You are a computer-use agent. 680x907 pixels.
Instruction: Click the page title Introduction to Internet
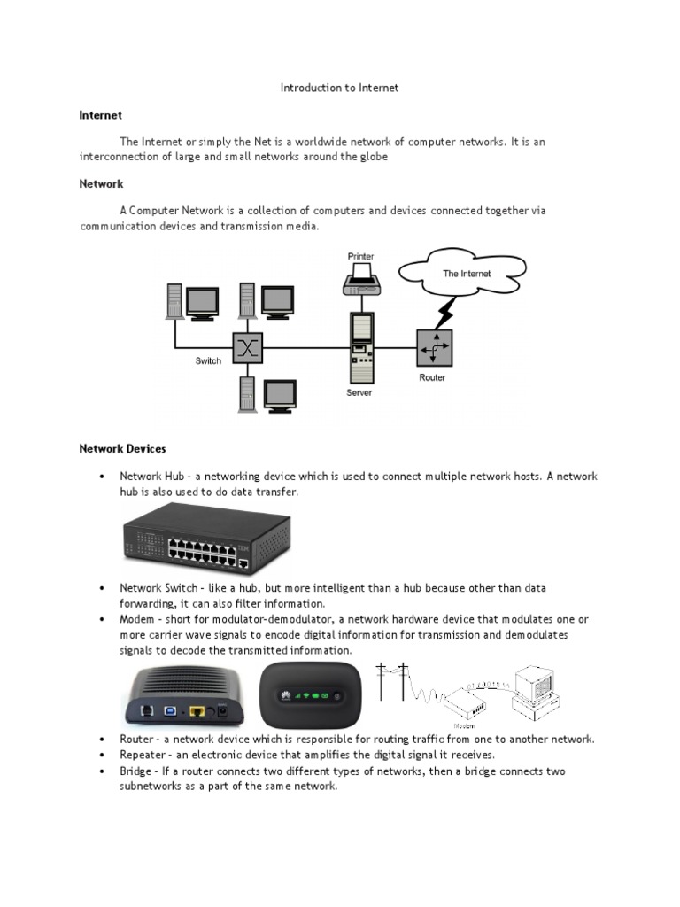[x=339, y=88]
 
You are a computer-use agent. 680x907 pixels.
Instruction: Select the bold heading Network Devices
[x=122, y=449]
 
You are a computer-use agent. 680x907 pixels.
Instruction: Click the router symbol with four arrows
[x=434, y=347]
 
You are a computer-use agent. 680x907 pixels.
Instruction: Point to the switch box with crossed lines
[x=248, y=348]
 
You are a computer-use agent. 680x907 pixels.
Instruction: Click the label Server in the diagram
[x=359, y=392]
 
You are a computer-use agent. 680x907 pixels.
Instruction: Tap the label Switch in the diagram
[x=208, y=361]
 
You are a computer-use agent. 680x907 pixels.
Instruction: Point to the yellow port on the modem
[x=198, y=709]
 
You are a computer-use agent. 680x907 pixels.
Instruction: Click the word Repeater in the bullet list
[x=143, y=755]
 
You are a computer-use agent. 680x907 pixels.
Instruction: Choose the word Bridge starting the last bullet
[x=136, y=771]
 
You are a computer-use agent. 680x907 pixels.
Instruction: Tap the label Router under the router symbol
[x=432, y=378]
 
